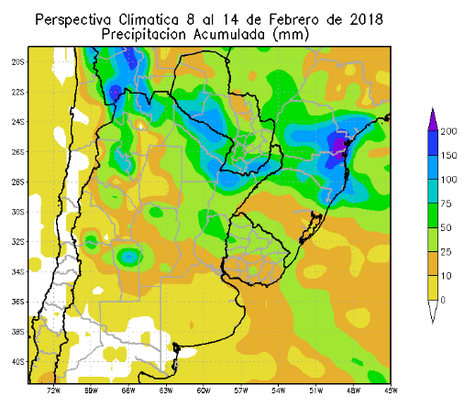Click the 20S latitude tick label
(17, 62)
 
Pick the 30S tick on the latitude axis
(17, 212)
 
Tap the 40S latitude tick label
(17, 361)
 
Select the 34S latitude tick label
(17, 271)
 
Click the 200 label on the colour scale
(448, 131)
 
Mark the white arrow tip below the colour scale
(433, 313)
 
